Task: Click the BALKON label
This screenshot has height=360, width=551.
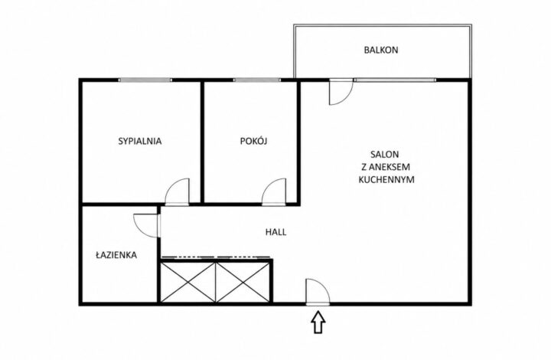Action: tap(381, 50)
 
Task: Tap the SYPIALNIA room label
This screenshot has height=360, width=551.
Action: tap(140, 142)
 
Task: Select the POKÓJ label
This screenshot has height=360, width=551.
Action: tap(254, 141)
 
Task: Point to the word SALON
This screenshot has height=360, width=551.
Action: tap(385, 154)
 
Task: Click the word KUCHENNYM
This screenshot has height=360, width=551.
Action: tap(386, 180)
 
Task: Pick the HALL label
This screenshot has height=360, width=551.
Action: tap(275, 232)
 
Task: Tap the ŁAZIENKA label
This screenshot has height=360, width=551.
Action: tap(116, 255)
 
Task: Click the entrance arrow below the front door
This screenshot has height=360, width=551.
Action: tap(318, 322)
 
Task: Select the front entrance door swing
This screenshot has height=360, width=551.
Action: tap(318, 291)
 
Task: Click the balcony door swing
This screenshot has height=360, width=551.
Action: tap(341, 92)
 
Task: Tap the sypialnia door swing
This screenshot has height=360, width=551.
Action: tap(177, 191)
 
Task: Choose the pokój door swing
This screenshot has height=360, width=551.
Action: tap(274, 191)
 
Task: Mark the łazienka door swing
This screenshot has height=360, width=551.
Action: tap(147, 225)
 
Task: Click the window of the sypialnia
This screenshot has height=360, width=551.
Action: tap(145, 80)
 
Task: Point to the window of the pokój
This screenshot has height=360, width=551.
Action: tap(257, 80)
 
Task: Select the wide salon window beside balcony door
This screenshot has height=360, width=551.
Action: tap(395, 80)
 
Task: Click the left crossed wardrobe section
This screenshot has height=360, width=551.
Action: tap(188, 282)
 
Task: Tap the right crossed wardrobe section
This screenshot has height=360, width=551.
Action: tap(243, 282)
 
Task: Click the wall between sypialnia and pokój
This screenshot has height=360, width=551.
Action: tap(202, 142)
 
